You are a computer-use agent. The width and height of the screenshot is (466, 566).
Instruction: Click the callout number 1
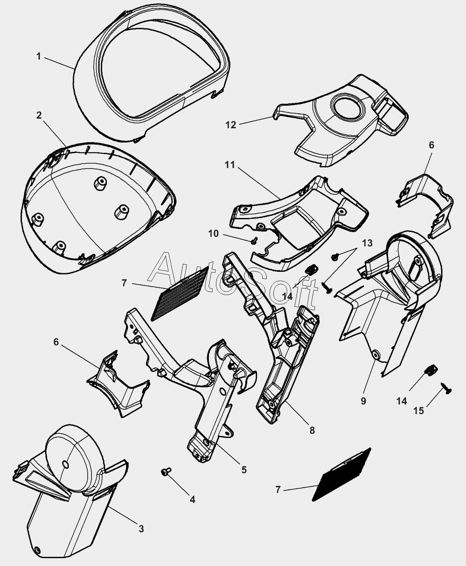pyautogui.click(x=39, y=56)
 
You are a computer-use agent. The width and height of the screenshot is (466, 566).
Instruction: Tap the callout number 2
pyautogui.click(x=39, y=115)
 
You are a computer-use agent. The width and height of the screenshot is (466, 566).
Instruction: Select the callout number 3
pyautogui.click(x=141, y=529)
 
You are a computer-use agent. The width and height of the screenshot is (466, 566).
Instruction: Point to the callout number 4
pyautogui.click(x=192, y=499)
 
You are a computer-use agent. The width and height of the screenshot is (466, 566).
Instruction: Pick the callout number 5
pyautogui.click(x=244, y=470)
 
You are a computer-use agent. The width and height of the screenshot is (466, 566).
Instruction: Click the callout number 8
pyautogui.click(x=312, y=430)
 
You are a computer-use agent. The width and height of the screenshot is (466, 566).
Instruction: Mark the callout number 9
pyautogui.click(x=363, y=401)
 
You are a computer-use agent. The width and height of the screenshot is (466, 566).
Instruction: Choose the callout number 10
pyautogui.click(x=213, y=234)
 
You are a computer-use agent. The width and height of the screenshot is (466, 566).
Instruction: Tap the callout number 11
pyautogui.click(x=230, y=165)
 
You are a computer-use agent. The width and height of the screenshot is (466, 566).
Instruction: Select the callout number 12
pyautogui.click(x=231, y=125)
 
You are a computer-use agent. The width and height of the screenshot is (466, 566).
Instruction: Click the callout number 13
pyautogui.click(x=367, y=243)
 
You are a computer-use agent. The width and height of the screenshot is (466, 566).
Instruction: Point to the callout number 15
pyautogui.click(x=419, y=411)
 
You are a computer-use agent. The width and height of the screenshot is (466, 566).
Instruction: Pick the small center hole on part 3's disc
pyautogui.click(x=65, y=464)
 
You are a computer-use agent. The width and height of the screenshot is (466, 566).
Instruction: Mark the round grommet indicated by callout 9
pyautogui.click(x=375, y=353)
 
